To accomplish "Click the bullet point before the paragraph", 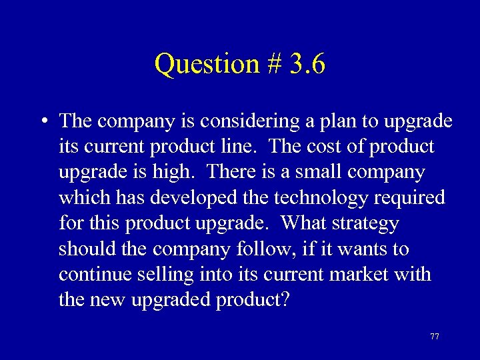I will pos(43,121).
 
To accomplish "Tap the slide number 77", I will pos(435,336).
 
